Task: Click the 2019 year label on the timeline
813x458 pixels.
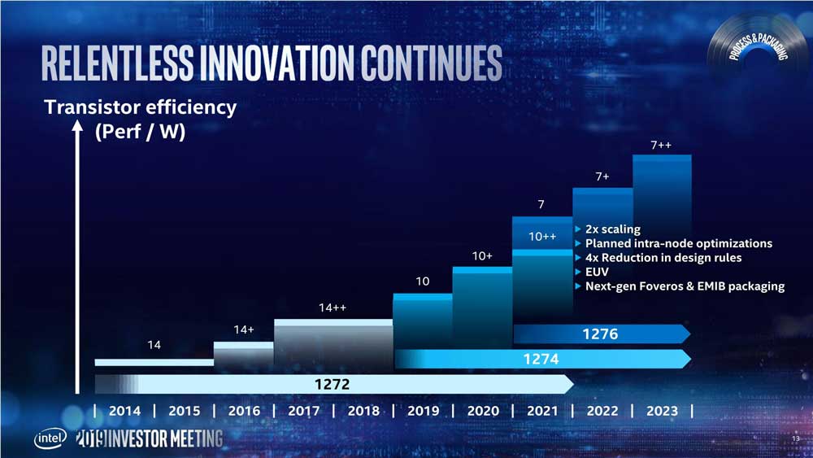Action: click(x=423, y=411)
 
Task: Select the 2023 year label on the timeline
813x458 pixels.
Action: click(x=661, y=411)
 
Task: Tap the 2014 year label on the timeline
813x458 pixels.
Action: click(x=124, y=411)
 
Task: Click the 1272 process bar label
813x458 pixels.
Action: click(x=334, y=383)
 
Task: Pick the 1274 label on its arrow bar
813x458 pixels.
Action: click(x=541, y=358)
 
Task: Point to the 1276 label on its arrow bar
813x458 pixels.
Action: click(x=601, y=334)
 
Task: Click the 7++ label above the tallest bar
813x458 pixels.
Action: click(x=661, y=146)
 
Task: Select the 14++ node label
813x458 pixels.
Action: click(x=333, y=308)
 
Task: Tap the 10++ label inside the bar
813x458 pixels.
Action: click(x=542, y=237)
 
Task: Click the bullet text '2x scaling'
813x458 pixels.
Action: click(x=612, y=229)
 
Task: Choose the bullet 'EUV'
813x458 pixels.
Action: click(x=598, y=272)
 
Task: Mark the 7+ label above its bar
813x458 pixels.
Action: click(x=602, y=177)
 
